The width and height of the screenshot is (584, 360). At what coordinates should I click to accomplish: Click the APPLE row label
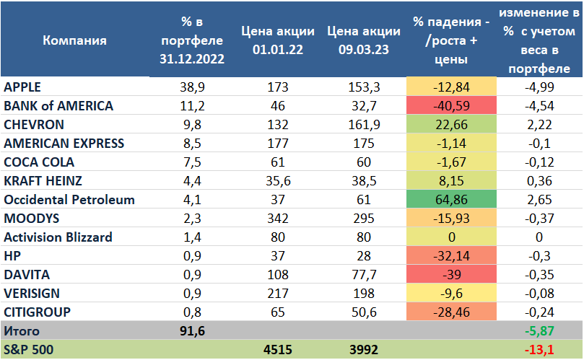[23, 87]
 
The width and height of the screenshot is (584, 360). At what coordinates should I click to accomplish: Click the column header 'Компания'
[74, 40]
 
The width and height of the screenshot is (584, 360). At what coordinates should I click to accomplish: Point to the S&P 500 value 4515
[276, 350]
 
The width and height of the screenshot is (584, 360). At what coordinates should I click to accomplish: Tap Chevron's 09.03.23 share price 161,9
[363, 124]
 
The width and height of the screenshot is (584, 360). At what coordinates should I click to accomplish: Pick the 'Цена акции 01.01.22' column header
[276, 40]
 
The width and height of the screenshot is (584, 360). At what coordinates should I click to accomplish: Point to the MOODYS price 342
[276, 218]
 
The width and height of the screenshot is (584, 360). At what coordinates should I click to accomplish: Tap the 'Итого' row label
[22, 331]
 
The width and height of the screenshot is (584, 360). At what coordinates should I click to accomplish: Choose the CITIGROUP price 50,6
[363, 312]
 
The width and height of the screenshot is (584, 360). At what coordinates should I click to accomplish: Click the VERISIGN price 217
[276, 293]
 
